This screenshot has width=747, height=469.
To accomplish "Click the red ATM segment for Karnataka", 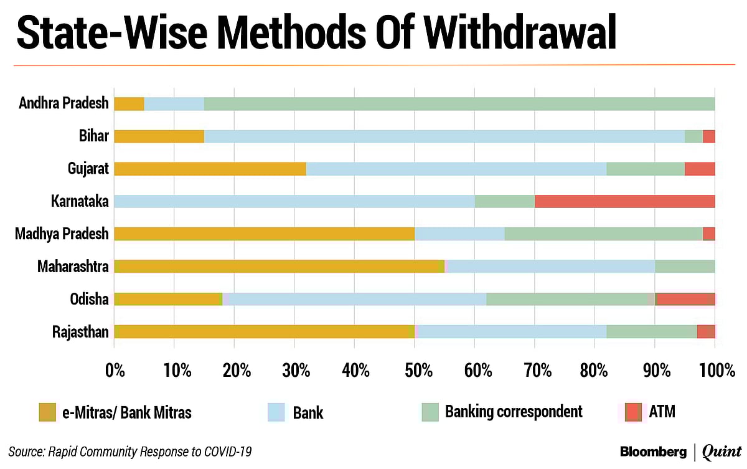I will [x=624, y=201].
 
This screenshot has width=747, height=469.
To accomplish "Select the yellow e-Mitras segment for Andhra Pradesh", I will [x=129, y=103].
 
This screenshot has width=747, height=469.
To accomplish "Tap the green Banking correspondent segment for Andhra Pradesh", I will [x=459, y=103].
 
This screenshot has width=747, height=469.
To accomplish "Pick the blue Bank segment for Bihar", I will [x=444, y=136].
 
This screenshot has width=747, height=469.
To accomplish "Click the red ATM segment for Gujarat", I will [x=700, y=168].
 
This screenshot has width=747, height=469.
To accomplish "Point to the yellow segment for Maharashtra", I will [x=279, y=267].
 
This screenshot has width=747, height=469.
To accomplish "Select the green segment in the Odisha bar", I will [x=570, y=299].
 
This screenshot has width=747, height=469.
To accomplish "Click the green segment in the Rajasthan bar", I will [x=651, y=331].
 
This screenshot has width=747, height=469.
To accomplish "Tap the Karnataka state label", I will [x=80, y=201].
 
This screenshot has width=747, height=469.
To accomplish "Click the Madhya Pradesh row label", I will [x=62, y=234].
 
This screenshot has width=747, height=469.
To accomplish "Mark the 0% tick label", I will [x=115, y=371].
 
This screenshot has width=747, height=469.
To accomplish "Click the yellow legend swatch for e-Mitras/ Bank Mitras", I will [x=47, y=412].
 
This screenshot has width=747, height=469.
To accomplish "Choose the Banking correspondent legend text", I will [x=514, y=412].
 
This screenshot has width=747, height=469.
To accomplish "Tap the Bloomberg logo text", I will [x=654, y=451].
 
